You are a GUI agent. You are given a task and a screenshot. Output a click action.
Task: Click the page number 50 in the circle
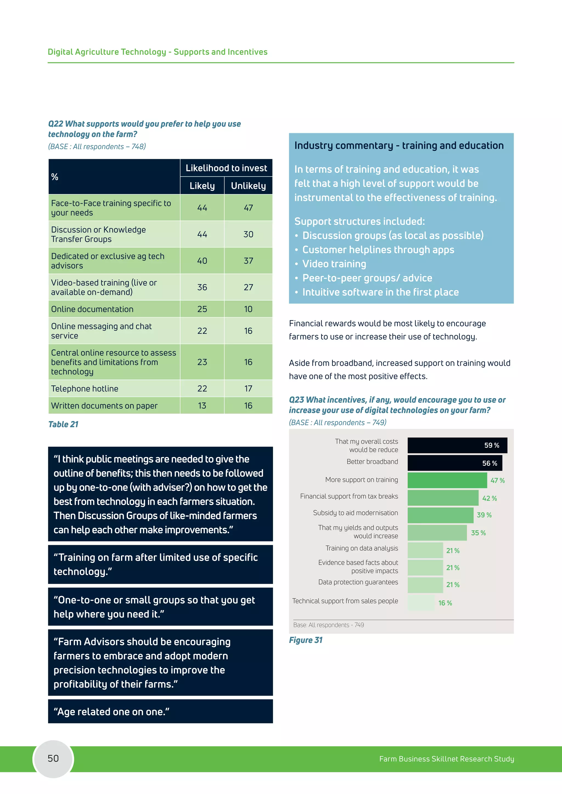53,758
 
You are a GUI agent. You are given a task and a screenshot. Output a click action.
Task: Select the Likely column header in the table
202,186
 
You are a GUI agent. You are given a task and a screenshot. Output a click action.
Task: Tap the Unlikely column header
248,186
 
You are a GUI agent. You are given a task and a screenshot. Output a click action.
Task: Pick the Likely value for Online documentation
202,309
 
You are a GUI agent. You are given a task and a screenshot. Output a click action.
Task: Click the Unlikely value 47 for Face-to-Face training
248,208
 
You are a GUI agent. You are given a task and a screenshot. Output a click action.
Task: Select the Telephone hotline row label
85,389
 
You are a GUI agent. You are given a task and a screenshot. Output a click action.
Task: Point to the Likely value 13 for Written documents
202,406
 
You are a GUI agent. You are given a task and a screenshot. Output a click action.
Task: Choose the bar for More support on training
447,480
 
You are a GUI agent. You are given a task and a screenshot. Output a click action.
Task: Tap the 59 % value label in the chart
491,446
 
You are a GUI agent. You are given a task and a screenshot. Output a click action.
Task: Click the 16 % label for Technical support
445,603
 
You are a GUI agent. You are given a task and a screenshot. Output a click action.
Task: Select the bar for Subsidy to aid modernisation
440,515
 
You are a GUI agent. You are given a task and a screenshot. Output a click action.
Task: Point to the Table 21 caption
63,424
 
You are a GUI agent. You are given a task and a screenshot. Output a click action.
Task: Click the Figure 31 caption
306,640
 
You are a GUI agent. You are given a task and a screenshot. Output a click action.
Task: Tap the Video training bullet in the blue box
334,264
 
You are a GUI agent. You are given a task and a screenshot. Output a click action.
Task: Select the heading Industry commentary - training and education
399,146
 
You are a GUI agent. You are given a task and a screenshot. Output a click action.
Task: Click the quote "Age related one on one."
111,712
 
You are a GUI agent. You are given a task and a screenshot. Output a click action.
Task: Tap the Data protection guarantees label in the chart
358,582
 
